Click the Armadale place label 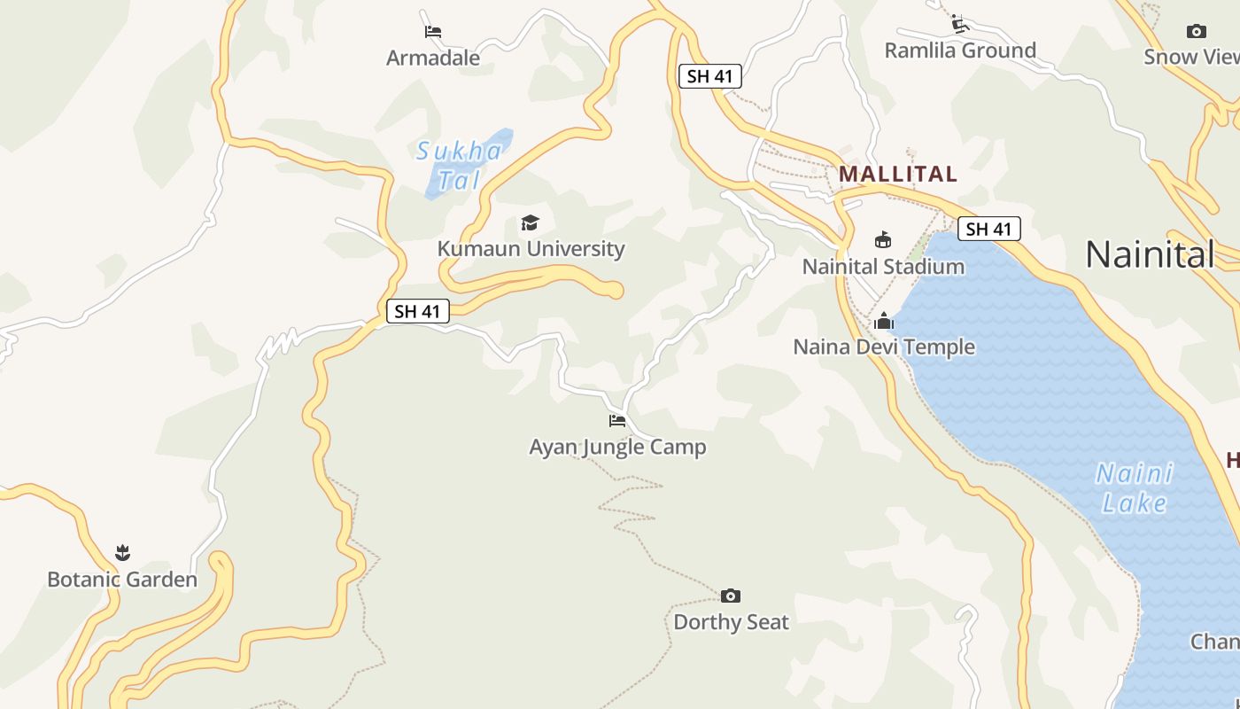tap(433, 58)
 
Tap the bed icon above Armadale tap(433, 32)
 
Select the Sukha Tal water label tap(460, 166)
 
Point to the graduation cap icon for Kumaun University tap(530, 222)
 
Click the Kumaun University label tap(531, 249)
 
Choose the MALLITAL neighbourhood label tap(898, 174)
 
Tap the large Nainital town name tap(1150, 255)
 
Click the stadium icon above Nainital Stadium tap(883, 239)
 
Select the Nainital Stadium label tap(883, 267)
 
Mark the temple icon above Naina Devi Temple tap(884, 321)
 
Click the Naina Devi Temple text tap(884, 347)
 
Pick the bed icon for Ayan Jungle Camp tap(617, 420)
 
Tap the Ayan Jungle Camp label tap(617, 448)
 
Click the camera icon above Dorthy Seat tap(731, 596)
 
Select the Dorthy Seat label tap(731, 622)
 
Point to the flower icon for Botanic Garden tap(122, 553)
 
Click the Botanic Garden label tap(122, 580)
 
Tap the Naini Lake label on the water tap(1135, 488)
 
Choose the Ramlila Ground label tap(960, 51)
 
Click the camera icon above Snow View tap(1197, 32)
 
